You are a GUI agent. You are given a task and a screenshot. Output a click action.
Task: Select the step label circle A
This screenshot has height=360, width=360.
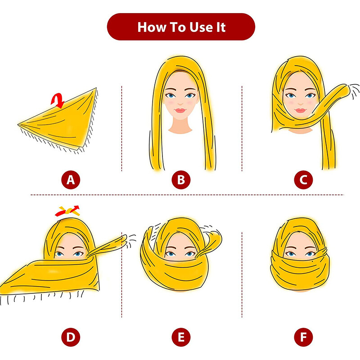(70, 180)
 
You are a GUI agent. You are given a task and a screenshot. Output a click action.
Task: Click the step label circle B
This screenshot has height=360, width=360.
(181, 180)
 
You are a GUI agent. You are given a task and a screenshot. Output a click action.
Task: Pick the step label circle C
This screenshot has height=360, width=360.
(303, 180)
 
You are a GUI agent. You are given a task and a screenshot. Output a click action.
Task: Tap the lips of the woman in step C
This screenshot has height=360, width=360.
(301, 110)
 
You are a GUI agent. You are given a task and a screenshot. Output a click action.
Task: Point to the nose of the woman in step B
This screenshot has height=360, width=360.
(180, 102)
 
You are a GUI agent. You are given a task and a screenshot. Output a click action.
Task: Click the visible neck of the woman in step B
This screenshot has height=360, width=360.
(180, 126)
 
